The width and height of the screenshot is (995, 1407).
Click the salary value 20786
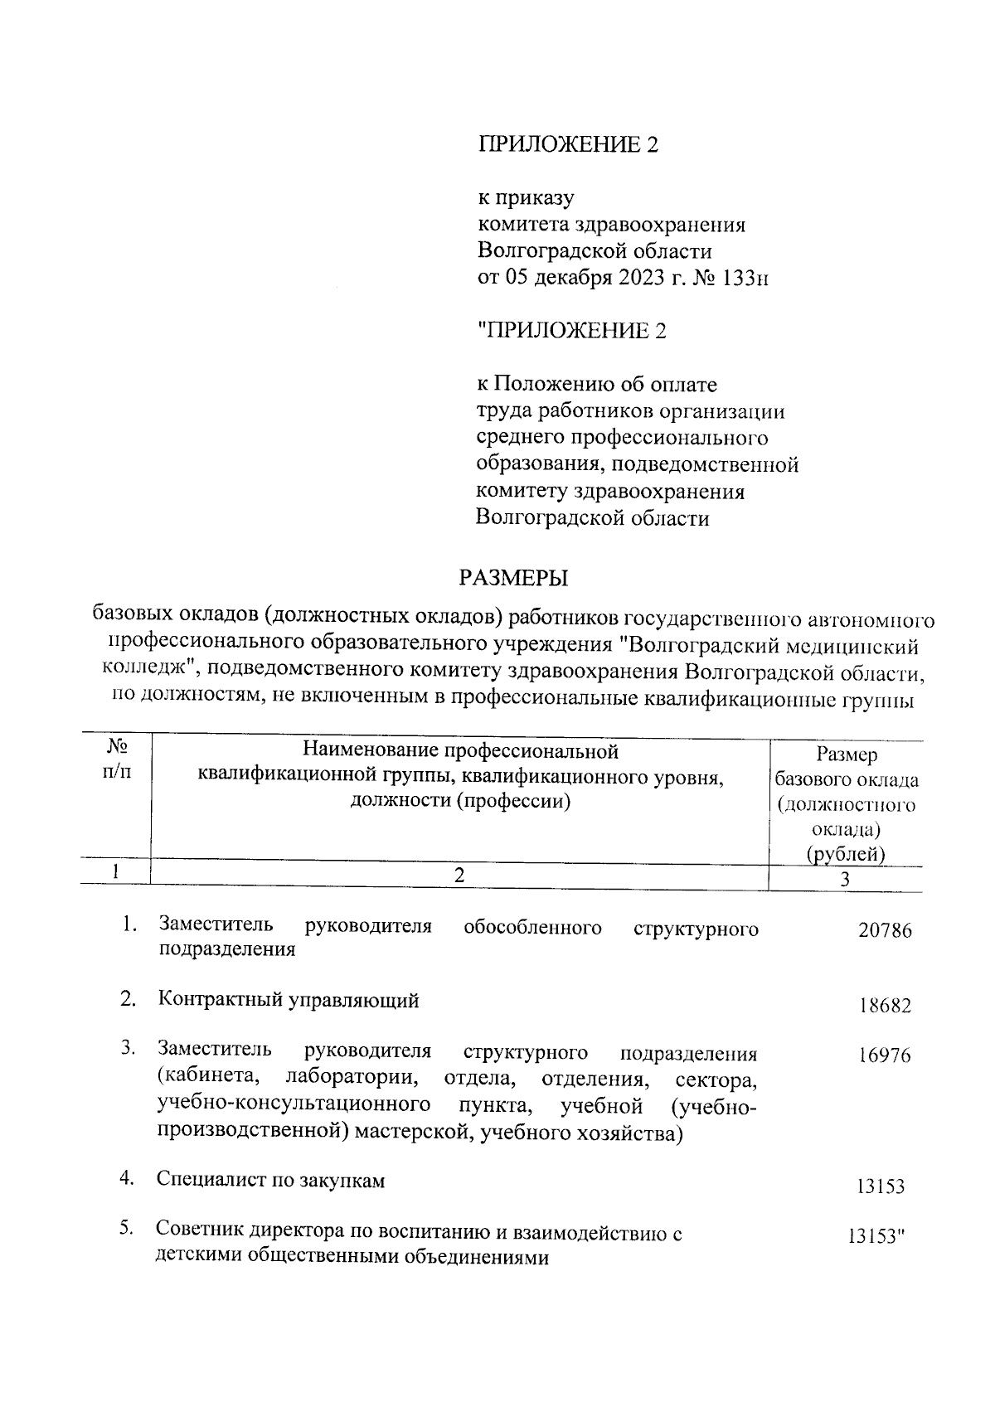(x=885, y=930)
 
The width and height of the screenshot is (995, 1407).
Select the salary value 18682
(x=885, y=1006)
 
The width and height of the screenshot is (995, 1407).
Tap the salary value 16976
(x=885, y=1055)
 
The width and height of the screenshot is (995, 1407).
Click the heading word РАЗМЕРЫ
(x=514, y=577)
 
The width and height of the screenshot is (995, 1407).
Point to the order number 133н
(x=745, y=278)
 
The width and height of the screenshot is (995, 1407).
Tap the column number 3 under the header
(x=846, y=880)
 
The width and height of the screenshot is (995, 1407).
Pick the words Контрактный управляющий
(x=289, y=1001)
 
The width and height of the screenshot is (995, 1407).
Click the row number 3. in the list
(x=128, y=1049)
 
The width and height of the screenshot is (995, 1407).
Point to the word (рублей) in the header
(x=846, y=854)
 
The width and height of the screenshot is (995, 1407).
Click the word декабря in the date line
(x=570, y=278)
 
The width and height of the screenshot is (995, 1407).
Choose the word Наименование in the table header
(x=369, y=751)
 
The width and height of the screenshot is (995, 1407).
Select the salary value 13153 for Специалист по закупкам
(x=881, y=1186)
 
